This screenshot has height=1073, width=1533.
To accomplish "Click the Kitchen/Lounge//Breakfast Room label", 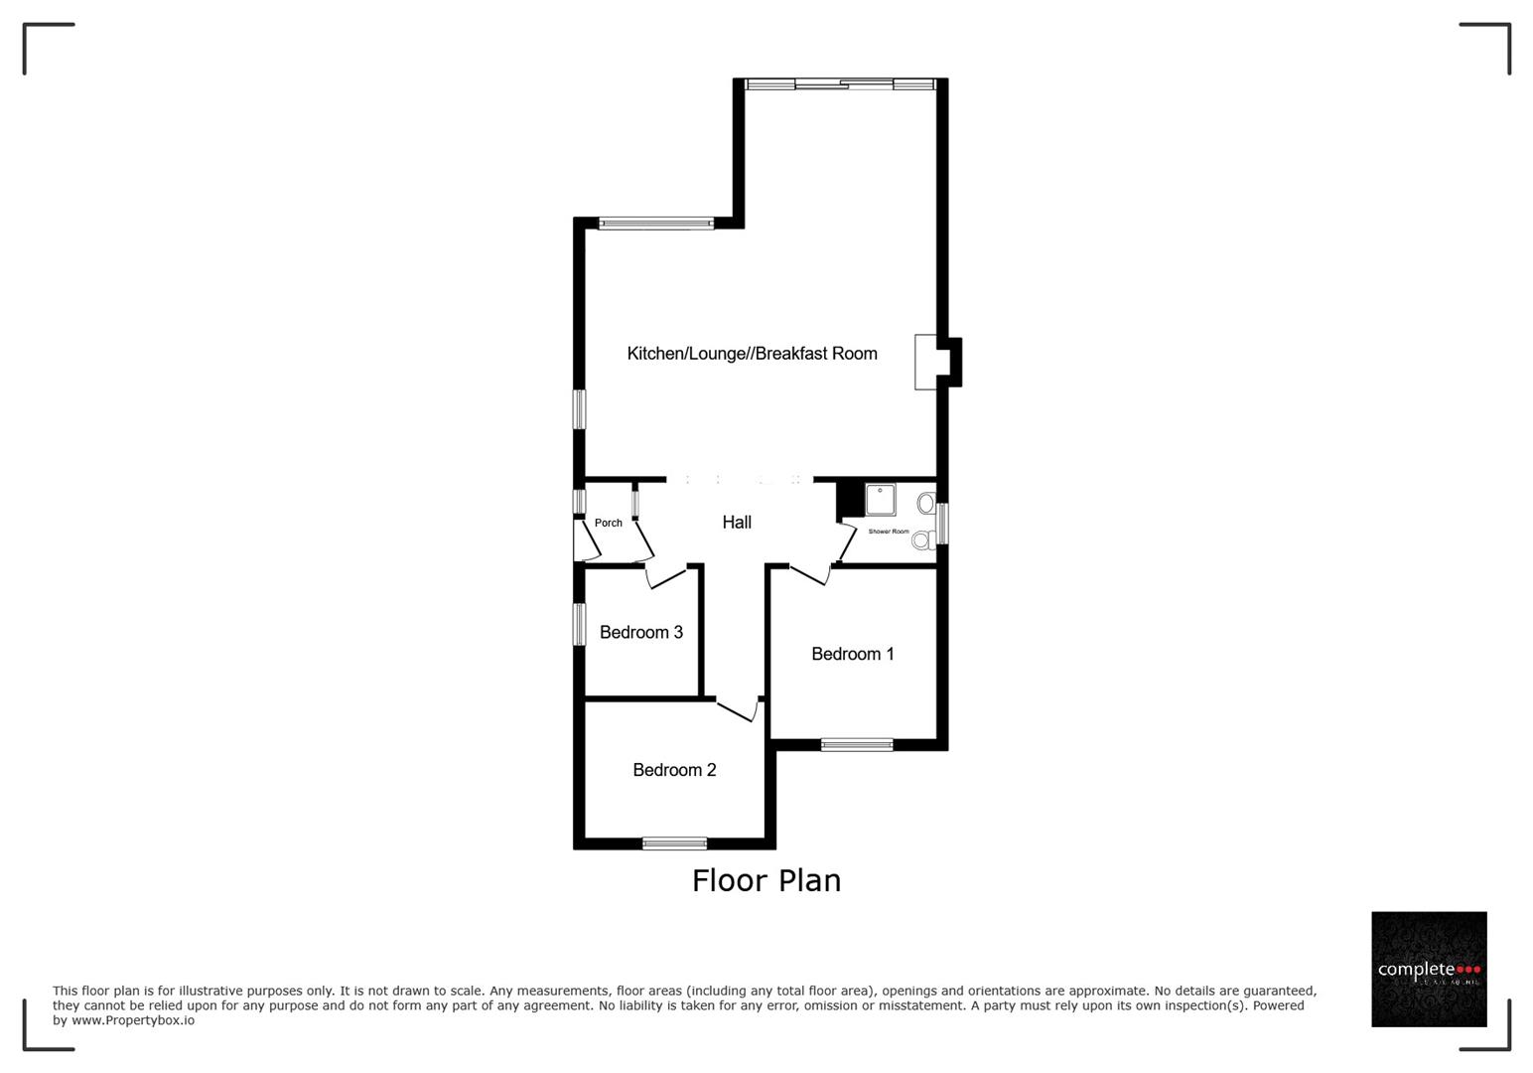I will pos(752,354).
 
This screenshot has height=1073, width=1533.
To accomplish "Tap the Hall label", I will pos(737,523).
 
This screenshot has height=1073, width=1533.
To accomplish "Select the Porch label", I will pos(609,524).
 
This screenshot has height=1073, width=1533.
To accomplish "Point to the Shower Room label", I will pos(889,532).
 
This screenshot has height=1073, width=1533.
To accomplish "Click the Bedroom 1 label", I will pos(852,654).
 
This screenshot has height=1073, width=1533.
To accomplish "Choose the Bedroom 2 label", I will pos(674,770).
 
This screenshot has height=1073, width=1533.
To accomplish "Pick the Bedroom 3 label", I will pos(640,633).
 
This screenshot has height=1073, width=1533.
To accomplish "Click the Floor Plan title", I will pos(766,881).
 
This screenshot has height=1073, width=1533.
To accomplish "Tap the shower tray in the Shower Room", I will pos(881,500).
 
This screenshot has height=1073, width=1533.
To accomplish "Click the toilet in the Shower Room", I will pos(922,539).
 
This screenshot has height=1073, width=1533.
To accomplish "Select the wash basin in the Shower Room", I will pos(925,504).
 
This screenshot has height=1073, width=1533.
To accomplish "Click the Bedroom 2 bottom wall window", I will pos(674,844).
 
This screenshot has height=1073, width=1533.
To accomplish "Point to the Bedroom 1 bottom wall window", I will pos(857,744).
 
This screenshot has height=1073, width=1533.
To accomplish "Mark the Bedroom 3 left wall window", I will pos(579,624).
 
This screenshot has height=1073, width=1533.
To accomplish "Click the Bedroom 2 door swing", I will pos(739,709).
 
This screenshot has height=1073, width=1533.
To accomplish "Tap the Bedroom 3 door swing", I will pos(666,576).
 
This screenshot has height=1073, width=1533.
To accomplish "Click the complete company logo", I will pos(1429,969).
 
